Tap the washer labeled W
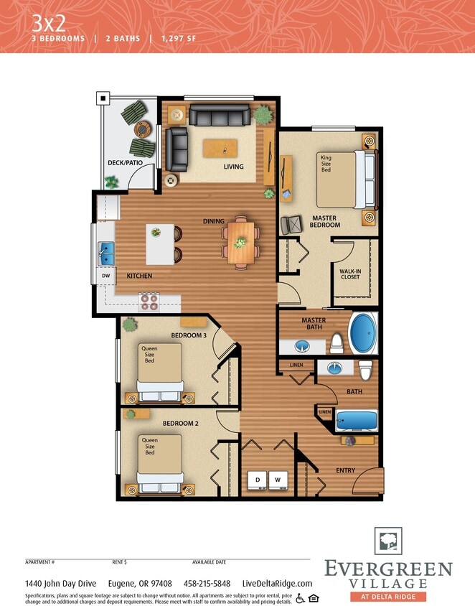277,479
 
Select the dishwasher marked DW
105,275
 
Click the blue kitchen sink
107,253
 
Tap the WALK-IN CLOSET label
350,274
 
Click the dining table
241,242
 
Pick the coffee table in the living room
224,149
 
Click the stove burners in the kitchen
149,301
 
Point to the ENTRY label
346,470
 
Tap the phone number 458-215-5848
207,584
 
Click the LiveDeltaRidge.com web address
278,584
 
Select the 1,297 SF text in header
179,38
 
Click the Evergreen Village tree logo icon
388,541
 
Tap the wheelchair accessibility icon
300,598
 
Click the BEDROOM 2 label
180,423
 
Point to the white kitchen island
160,243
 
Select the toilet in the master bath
337,343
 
